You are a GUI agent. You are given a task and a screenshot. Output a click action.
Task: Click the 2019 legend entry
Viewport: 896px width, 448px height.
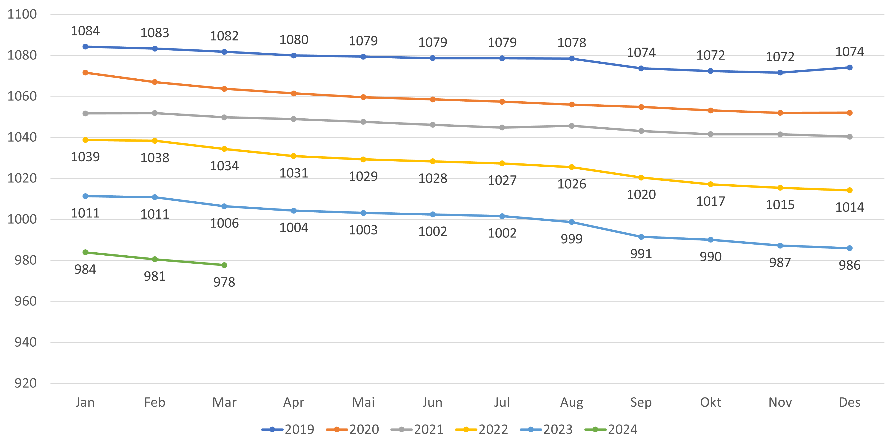click(x=288, y=430)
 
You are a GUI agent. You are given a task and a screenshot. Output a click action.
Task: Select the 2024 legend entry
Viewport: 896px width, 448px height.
click(x=611, y=430)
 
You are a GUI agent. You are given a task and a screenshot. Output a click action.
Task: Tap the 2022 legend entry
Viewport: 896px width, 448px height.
click(x=482, y=430)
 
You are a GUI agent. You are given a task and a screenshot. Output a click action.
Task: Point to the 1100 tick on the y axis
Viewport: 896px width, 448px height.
click(x=22, y=14)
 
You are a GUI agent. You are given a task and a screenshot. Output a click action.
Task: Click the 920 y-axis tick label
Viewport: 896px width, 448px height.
click(x=25, y=383)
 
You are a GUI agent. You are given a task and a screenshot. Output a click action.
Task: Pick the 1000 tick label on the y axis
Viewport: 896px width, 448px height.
click(x=22, y=219)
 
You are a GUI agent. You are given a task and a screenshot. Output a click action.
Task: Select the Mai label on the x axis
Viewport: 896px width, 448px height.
click(x=363, y=402)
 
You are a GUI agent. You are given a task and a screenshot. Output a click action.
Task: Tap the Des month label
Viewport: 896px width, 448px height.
click(x=849, y=402)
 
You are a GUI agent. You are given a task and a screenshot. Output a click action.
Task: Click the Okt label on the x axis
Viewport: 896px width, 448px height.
click(x=710, y=402)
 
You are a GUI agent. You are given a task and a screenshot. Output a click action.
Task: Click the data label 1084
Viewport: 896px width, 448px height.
click(x=85, y=31)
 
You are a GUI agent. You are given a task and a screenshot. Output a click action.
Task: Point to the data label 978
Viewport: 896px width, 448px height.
click(x=224, y=282)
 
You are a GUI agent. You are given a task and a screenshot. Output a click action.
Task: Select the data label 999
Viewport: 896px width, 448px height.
click(x=571, y=239)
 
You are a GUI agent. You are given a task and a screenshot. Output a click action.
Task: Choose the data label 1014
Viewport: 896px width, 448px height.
click(x=849, y=207)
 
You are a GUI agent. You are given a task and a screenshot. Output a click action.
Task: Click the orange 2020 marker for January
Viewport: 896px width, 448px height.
click(x=85, y=73)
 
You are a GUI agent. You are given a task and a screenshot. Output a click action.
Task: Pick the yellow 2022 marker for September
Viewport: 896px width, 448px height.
click(x=641, y=178)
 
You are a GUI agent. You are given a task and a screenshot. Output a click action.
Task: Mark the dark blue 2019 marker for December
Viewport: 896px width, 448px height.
click(x=849, y=68)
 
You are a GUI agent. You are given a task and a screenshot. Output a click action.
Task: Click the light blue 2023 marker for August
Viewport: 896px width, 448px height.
click(x=571, y=222)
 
